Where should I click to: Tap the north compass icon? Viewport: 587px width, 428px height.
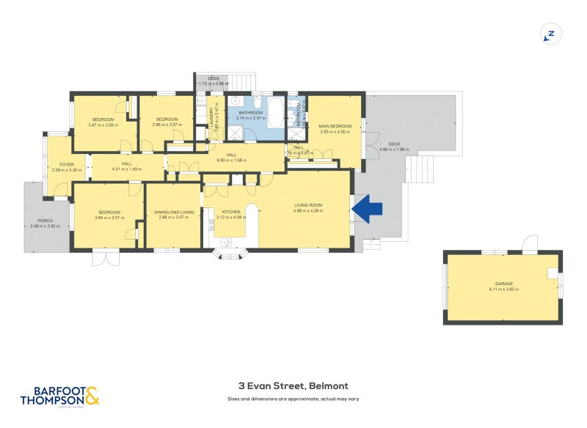coord(550,33)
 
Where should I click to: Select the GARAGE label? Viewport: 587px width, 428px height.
coord(503,284)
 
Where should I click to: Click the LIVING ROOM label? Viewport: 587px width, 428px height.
coord(309,204)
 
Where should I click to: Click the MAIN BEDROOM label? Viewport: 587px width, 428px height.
coord(335,126)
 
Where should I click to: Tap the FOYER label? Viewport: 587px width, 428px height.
coord(58,164)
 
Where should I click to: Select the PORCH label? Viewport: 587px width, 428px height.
coord(45,221)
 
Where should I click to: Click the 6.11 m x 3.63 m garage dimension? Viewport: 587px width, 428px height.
coord(503,289)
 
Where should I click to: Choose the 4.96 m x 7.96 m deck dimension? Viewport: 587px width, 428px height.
coord(393,150)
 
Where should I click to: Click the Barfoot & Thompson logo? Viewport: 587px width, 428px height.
coord(59,396)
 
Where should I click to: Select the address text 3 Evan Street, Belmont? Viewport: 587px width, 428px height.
coord(293,386)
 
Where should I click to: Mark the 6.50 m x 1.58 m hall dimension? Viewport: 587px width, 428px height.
coord(231,160)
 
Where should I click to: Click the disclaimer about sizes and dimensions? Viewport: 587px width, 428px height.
coord(293,399)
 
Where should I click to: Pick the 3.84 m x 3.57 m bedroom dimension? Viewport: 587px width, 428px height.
coord(108,218)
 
